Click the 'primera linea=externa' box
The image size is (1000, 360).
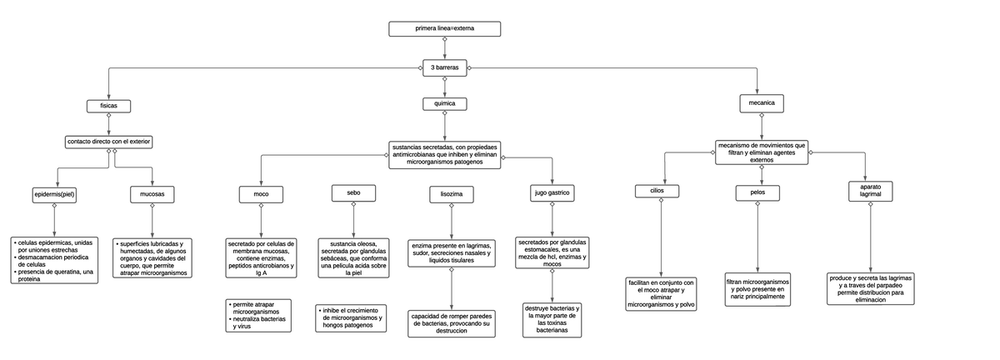click(444, 29)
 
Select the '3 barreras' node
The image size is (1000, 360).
click(444, 67)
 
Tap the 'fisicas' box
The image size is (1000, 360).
click(109, 106)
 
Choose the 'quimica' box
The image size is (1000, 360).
click(444, 104)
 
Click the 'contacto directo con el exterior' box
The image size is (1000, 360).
click(108, 142)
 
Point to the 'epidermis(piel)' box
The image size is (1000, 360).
click(55, 195)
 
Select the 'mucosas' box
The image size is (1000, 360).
click(152, 195)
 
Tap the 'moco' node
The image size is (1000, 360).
click(260, 195)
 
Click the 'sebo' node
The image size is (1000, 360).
click(353, 193)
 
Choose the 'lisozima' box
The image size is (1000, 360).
click(451, 195)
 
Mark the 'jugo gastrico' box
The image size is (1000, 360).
click(552, 194)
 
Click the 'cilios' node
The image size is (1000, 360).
click(658, 192)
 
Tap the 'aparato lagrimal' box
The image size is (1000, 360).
click(870, 191)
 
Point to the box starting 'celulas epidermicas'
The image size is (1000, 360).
click(54, 261)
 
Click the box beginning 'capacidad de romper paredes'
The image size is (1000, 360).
click(451, 323)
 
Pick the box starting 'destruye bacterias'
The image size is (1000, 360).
click(552, 320)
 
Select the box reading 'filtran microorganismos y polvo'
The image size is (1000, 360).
click(757, 289)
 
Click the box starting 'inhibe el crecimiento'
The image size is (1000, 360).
click(352, 318)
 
